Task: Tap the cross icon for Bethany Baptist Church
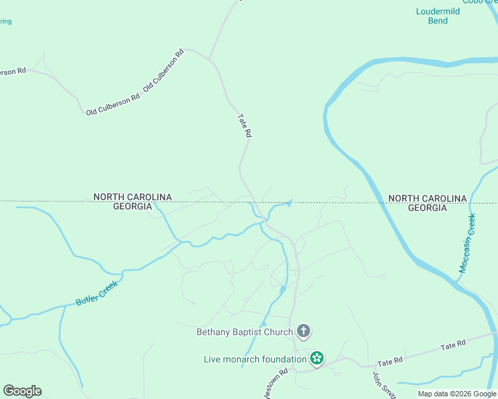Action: (x=304, y=331)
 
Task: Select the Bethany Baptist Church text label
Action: (x=244, y=332)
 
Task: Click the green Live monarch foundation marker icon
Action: (x=317, y=359)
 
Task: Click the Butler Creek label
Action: (x=97, y=293)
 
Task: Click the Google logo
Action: (x=22, y=391)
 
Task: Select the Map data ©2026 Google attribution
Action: (x=456, y=394)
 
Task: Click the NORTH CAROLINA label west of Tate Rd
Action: (x=132, y=197)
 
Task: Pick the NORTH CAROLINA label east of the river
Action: (x=427, y=198)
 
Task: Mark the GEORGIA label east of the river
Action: (x=427, y=208)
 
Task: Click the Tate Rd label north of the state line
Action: (x=244, y=125)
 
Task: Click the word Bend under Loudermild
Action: (x=437, y=21)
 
